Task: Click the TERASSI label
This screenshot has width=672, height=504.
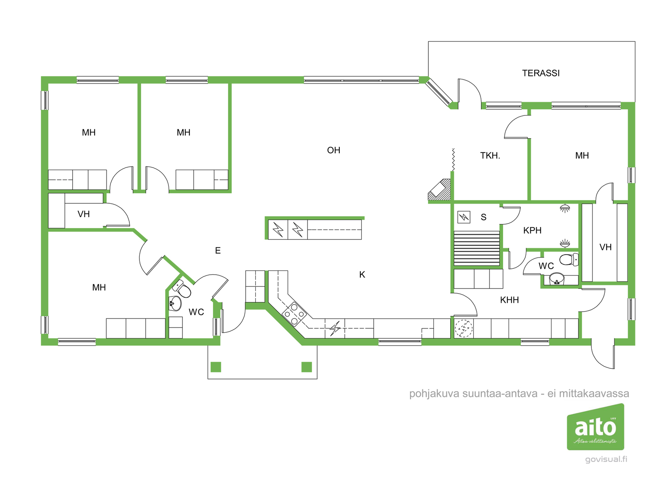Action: [x=541, y=73]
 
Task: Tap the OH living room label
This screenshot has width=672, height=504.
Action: [x=333, y=150]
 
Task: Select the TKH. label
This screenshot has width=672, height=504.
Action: [x=490, y=156]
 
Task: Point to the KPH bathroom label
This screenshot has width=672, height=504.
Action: [x=532, y=231]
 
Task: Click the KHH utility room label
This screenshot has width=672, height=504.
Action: [x=509, y=300]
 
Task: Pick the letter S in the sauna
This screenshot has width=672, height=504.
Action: [x=483, y=217]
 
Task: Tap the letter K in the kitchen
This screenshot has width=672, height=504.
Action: [x=362, y=275]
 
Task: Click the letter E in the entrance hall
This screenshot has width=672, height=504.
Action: [x=218, y=251]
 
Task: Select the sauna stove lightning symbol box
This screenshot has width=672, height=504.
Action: [x=464, y=217]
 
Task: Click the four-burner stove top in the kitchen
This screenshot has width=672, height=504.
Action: [x=294, y=314]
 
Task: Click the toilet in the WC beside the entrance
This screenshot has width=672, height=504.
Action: [x=182, y=289]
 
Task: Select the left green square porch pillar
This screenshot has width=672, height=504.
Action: [x=216, y=367]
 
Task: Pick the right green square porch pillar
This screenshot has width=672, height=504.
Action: [x=307, y=367]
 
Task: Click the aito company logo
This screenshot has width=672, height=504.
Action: [x=595, y=427]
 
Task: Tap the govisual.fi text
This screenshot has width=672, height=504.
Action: [x=606, y=459]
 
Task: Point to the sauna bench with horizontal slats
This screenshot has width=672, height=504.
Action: [x=476, y=249]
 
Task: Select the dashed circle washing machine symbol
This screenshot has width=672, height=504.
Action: [x=464, y=328]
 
